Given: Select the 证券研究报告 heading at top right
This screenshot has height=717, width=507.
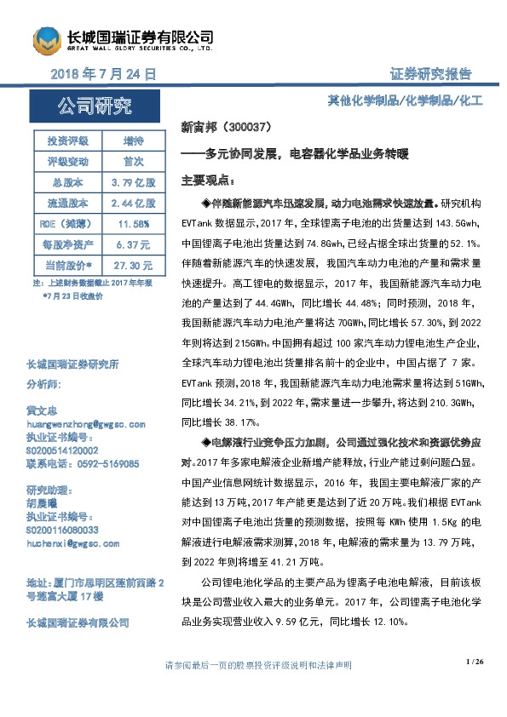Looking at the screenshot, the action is pyautogui.click(x=430, y=74).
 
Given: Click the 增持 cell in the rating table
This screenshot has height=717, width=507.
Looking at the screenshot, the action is pyautogui.click(x=133, y=141).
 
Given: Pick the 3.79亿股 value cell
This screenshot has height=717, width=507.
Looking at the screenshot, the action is pyautogui.click(x=133, y=182).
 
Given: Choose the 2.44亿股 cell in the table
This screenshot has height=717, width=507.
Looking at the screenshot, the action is pyautogui.click(x=133, y=203).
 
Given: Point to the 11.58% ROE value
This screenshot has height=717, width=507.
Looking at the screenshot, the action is pyautogui.click(x=133, y=223).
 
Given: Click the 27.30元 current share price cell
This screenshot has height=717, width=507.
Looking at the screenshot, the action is pyautogui.click(x=133, y=264).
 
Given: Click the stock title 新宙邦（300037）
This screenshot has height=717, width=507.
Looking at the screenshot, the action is pyautogui.click(x=227, y=128).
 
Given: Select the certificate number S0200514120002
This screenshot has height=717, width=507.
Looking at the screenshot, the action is pyautogui.click(x=62, y=450).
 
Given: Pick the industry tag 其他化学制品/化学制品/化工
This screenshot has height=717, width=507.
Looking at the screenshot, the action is pyautogui.click(x=406, y=100).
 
